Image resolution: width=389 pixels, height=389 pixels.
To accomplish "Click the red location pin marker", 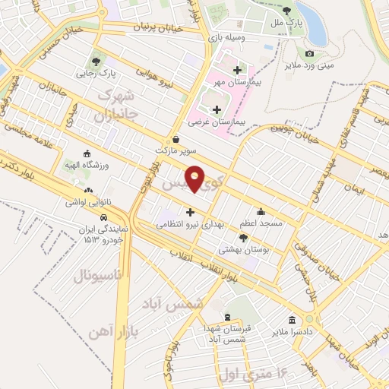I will (195, 179).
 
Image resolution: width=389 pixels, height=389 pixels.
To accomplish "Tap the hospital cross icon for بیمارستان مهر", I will (238, 70).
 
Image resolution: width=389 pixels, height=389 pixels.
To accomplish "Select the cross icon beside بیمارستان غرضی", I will (217, 109).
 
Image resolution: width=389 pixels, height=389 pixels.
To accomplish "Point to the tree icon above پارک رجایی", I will (95, 62).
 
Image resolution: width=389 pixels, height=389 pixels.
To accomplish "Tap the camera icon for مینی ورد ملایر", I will (309, 53).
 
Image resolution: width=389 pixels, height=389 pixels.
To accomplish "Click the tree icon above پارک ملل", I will (286, 11).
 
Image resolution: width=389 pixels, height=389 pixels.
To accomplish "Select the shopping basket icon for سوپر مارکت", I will (176, 139).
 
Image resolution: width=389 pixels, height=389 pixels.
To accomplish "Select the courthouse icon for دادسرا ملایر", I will (292, 319).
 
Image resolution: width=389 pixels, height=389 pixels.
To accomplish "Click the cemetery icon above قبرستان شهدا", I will (226, 317).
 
